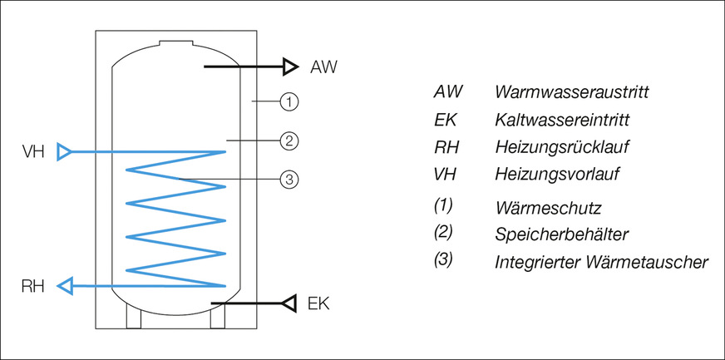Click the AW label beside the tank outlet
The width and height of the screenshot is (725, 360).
click(323, 66)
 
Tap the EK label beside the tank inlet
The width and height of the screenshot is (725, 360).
click(318, 303)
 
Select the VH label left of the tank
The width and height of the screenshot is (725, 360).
click(33, 152)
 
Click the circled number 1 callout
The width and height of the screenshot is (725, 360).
click(289, 102)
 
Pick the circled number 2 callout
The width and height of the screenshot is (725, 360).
click(289, 141)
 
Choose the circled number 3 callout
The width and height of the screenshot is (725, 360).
click(289, 179)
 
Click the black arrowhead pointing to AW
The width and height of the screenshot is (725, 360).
click(289, 66)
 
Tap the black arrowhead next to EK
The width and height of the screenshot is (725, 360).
click(289, 303)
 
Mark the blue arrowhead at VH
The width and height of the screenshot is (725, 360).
click(64, 152)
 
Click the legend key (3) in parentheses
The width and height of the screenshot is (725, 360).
click(443, 259)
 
